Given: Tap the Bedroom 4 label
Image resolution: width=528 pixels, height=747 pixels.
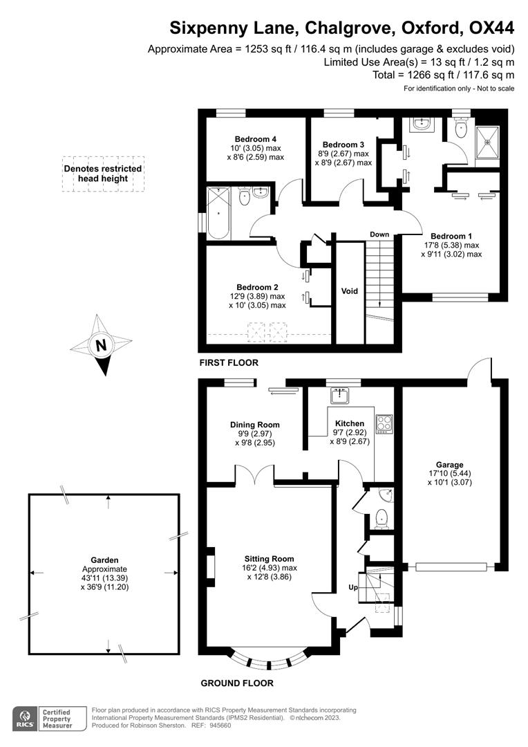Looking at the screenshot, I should [x=250, y=138].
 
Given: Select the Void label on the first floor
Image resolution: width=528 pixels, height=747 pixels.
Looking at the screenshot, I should [x=350, y=291].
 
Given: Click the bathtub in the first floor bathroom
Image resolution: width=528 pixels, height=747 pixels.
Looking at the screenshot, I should [x=220, y=212].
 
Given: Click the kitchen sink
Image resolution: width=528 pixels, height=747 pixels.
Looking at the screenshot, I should [x=340, y=396].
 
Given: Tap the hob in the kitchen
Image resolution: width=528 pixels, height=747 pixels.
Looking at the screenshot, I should [x=384, y=423].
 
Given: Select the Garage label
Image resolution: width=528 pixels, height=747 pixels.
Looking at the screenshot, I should [x=449, y=465].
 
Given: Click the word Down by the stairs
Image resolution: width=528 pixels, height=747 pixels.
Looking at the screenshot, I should [x=379, y=234].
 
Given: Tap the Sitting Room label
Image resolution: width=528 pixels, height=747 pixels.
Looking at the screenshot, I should [x=269, y=559].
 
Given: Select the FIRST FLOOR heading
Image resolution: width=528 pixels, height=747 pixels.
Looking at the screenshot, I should [x=228, y=362].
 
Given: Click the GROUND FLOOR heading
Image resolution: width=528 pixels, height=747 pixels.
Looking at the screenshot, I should [x=237, y=683].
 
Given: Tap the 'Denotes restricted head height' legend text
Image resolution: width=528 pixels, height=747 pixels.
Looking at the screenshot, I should [x=103, y=173].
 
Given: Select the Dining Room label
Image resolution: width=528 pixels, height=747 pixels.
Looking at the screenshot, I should [x=255, y=425].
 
